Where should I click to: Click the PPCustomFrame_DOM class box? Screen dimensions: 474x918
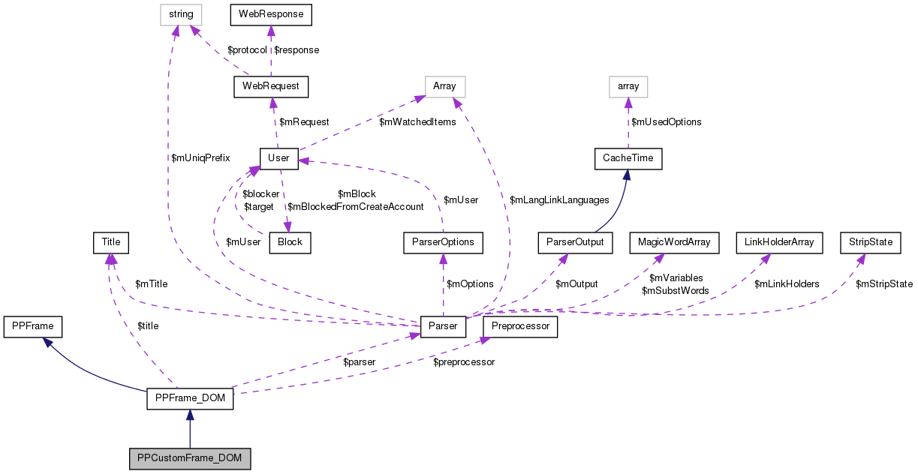[189, 458]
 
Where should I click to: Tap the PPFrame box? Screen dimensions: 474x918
[33, 326]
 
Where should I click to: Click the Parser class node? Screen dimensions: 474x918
[444, 326]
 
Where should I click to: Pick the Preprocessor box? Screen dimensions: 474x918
[521, 326]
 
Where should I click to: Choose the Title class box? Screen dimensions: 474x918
[110, 242]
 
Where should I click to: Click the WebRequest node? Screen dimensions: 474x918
[271, 86]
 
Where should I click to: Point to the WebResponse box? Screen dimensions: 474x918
[270, 13]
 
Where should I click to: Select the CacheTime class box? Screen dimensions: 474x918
[628, 158]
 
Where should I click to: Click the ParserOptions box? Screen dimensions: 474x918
[443, 242]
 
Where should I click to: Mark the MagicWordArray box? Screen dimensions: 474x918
[673, 242]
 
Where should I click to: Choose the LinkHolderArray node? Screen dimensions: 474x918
[779, 242]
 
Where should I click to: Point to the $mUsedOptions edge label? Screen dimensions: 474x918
[666, 121]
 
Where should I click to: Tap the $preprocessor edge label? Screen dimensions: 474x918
[464, 361]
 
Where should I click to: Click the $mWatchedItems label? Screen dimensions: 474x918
[417, 121]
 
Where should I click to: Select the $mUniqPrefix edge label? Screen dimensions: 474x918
[200, 157]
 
